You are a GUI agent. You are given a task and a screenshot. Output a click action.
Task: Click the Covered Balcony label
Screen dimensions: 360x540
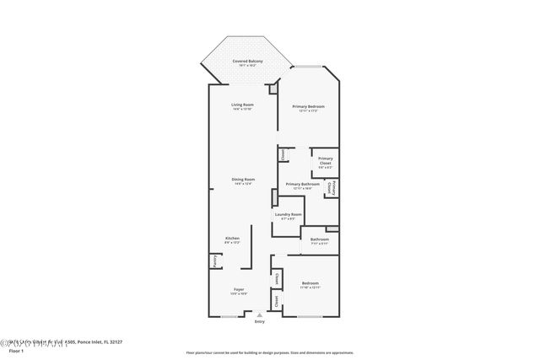pos(247,62)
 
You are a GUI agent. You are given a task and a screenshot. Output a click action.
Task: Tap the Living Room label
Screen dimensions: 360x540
pos(243,105)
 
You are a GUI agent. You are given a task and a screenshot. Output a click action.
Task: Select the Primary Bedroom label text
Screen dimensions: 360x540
pos(308,106)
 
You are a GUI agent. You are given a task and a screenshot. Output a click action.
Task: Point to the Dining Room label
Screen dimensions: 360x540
pos(243,180)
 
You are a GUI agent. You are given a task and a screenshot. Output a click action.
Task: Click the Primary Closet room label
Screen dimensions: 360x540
pos(326,159)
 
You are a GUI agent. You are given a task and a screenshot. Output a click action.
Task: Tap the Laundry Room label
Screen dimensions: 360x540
pos(288,215)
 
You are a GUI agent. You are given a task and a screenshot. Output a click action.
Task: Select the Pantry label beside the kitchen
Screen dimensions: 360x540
pos(215,263)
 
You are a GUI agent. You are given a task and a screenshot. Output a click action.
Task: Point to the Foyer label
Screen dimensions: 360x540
pos(240,290)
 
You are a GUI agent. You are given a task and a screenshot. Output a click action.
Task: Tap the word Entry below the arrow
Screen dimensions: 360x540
pos(259,321)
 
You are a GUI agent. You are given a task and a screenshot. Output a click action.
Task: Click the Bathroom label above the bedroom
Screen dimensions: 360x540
pos(319,239)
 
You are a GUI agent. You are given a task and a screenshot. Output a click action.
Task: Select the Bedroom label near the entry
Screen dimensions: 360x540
pos(310,284)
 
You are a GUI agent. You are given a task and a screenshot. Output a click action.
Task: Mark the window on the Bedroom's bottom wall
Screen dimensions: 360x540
pos(309,316)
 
